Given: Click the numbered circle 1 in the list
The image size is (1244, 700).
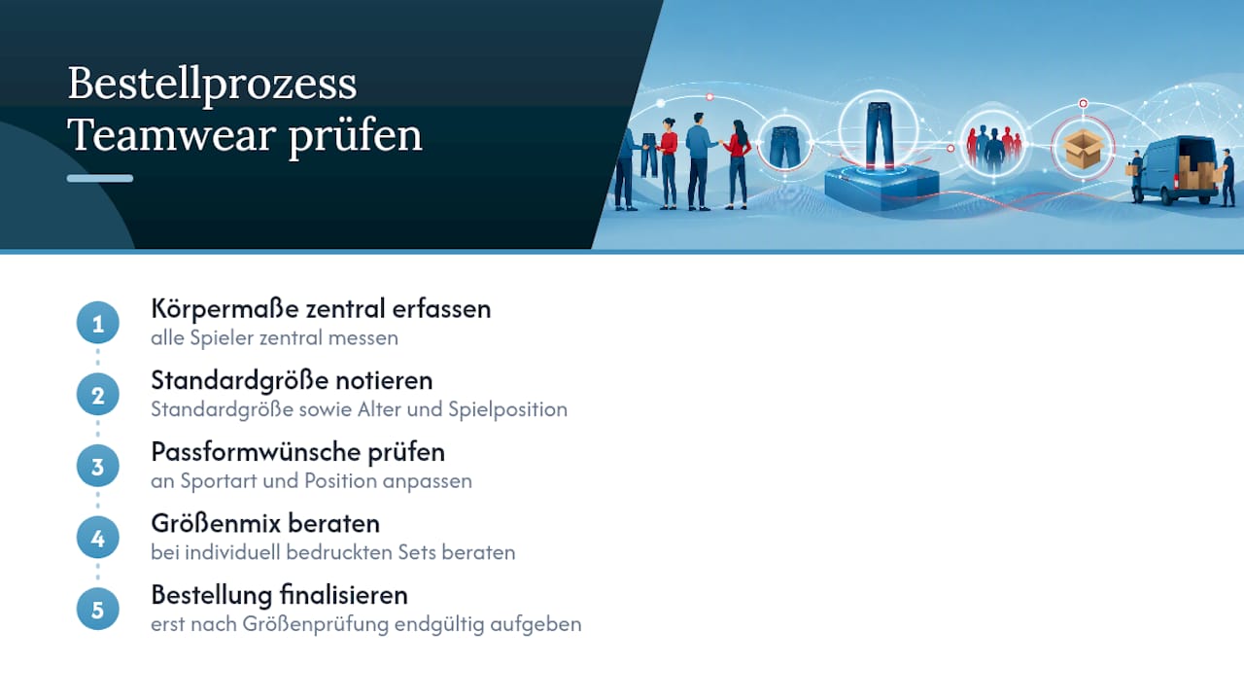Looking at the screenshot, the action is coord(98,323).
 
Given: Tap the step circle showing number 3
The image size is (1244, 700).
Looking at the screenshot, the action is coord(98,466).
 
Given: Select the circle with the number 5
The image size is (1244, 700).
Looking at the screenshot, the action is coord(98,610).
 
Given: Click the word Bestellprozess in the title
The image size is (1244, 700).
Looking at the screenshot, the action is coord(212,85).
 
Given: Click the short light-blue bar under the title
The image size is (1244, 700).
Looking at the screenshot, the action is coord(100,178).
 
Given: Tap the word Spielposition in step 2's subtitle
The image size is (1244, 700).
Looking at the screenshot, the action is coord(507,410).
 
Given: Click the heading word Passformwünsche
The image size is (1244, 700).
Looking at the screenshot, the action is coord(256,452).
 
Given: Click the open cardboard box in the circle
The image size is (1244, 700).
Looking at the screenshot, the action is coord(1083,149).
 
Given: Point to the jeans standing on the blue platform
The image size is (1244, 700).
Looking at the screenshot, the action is coord(880,135).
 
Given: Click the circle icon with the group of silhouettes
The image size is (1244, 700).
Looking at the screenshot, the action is coord(993,145).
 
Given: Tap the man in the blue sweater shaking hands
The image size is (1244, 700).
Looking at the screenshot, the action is coord(699,161).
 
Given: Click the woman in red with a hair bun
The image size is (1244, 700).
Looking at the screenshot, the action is coord(668,163).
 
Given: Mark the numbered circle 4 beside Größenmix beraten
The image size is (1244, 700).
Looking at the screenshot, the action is coord(98,538).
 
